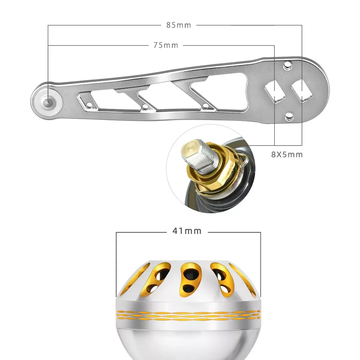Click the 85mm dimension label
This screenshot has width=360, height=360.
point(179,25)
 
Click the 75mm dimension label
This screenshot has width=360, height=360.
point(166,45)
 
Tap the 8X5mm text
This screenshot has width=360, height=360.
point(287,154)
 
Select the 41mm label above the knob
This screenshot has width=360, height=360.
point(187,231)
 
